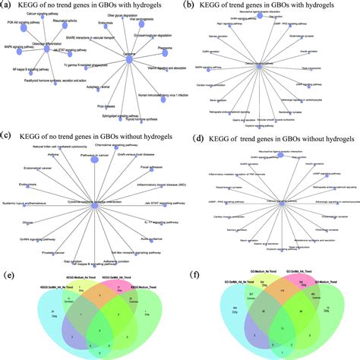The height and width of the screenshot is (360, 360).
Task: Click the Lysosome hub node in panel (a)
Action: coord(131,66)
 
